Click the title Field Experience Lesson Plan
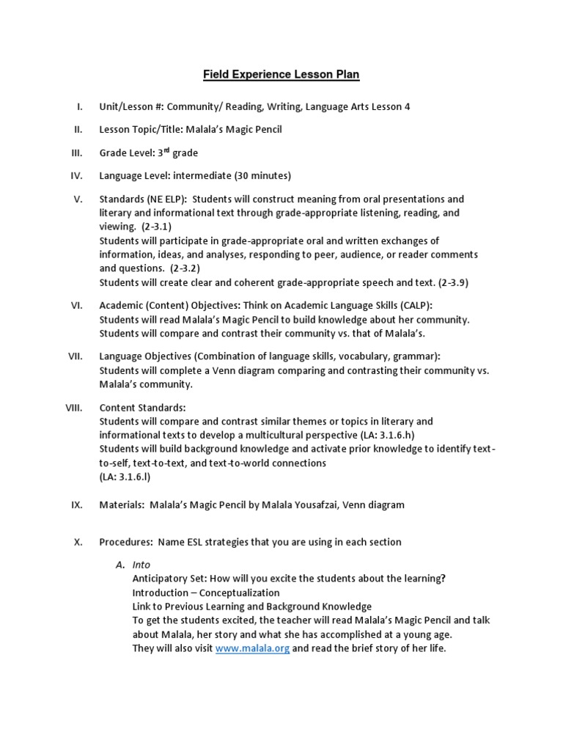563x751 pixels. [x=281, y=75]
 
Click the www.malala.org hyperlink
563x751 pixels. [x=252, y=648]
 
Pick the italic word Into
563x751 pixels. [x=141, y=565]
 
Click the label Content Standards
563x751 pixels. [x=142, y=407]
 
